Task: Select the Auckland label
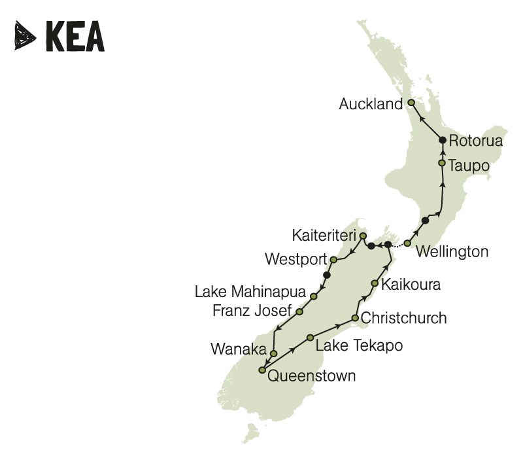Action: (371, 104)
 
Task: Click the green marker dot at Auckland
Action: (411, 103)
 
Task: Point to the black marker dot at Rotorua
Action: (443, 140)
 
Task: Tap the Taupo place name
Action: (469, 166)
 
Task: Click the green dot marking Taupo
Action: (443, 163)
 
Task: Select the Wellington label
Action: (452, 251)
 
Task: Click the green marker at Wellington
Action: (407, 243)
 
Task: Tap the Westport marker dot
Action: (333, 260)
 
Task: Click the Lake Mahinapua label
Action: (250, 292)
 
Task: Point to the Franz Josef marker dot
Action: (299, 312)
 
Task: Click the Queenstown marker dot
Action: (262, 370)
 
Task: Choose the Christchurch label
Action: (404, 319)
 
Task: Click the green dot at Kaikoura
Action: (375, 283)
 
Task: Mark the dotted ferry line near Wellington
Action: (397, 245)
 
